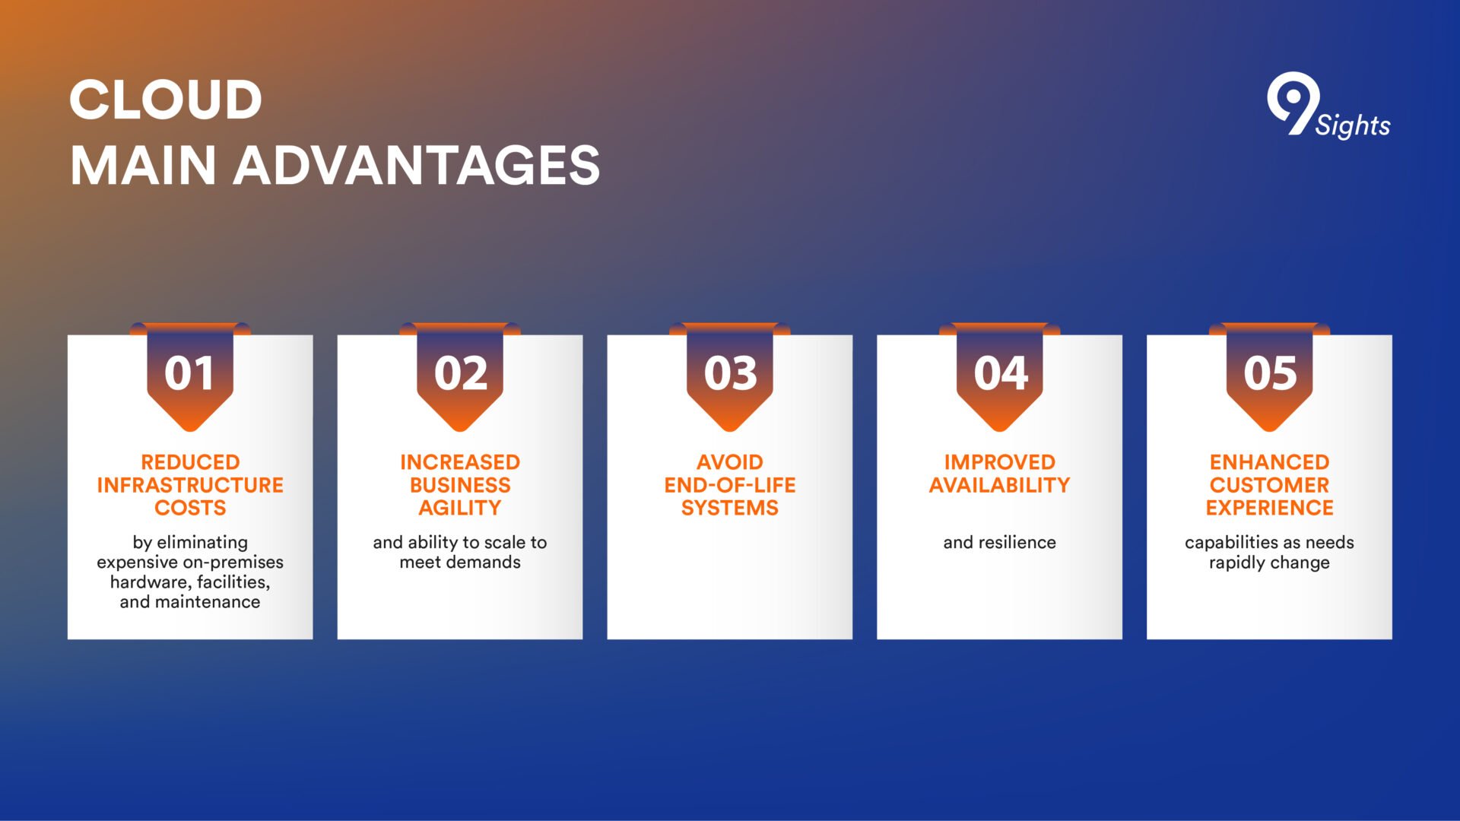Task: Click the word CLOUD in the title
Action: pyautogui.click(x=166, y=100)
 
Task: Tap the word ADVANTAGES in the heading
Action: pyautogui.click(x=417, y=166)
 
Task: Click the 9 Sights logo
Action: pyautogui.click(x=1328, y=106)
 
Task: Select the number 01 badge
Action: pyautogui.click(x=190, y=377)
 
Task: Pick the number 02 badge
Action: pyautogui.click(x=460, y=377)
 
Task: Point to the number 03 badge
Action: pyautogui.click(x=730, y=377)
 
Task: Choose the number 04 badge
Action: pyautogui.click(x=1000, y=377)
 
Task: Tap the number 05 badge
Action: pyautogui.click(x=1270, y=377)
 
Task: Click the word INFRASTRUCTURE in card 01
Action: pyautogui.click(x=190, y=485)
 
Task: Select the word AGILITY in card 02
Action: pyautogui.click(x=460, y=508)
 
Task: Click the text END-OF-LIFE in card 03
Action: pyautogui.click(x=730, y=485)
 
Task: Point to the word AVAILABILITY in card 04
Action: pyautogui.click(x=1000, y=485)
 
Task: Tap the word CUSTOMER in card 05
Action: pyautogui.click(x=1270, y=485)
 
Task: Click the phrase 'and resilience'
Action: pyautogui.click(x=1000, y=543)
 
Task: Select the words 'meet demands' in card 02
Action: pyautogui.click(x=460, y=563)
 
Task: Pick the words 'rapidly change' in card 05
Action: pyautogui.click(x=1270, y=563)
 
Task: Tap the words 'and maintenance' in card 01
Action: pyautogui.click(x=190, y=602)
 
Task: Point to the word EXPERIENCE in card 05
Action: pyautogui.click(x=1270, y=508)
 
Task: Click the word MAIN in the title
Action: pyautogui.click(x=144, y=166)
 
